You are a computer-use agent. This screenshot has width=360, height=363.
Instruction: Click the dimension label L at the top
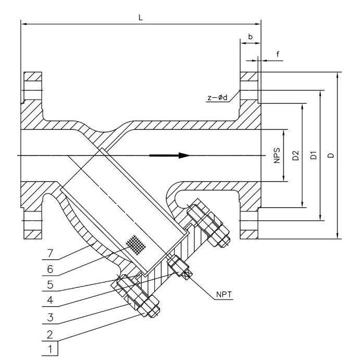click(140, 17)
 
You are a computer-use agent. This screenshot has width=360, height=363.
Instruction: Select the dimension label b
click(251, 37)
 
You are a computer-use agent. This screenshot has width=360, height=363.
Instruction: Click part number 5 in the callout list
click(50, 285)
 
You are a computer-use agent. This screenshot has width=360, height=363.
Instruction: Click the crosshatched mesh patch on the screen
click(136, 243)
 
